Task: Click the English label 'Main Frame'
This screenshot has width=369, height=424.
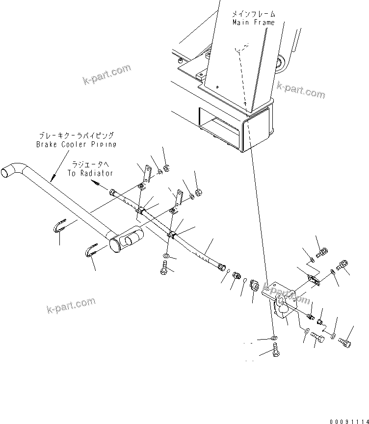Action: tap(253, 23)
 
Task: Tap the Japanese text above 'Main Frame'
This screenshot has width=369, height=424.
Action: tap(254, 14)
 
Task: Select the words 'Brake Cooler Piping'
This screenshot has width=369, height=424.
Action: tap(76, 144)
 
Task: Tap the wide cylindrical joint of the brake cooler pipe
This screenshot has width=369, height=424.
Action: tap(126, 240)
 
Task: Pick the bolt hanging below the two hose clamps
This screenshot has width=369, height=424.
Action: tap(163, 268)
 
